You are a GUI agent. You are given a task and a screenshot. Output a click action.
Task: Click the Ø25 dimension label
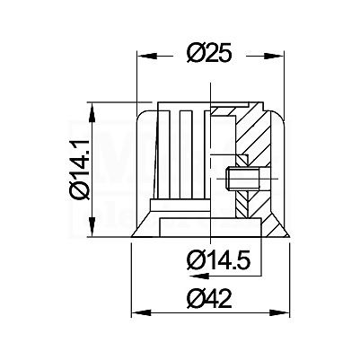pyautogui.click(x=209, y=53)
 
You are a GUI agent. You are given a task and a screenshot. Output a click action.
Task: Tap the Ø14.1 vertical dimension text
pyautogui.click(x=80, y=169)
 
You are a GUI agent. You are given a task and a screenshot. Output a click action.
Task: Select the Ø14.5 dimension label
pyautogui.click(x=217, y=260)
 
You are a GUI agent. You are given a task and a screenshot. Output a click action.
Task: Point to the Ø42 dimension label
pyautogui.click(x=209, y=298)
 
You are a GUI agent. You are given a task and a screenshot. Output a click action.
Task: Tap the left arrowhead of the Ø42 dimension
pyautogui.click(x=141, y=313)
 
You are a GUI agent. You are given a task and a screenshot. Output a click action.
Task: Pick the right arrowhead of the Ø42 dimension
pyautogui.click(x=279, y=313)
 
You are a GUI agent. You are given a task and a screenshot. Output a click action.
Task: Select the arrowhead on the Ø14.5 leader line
pyautogui.click(x=198, y=276)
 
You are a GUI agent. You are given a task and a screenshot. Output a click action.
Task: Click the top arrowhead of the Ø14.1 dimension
pyautogui.click(x=92, y=112)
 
